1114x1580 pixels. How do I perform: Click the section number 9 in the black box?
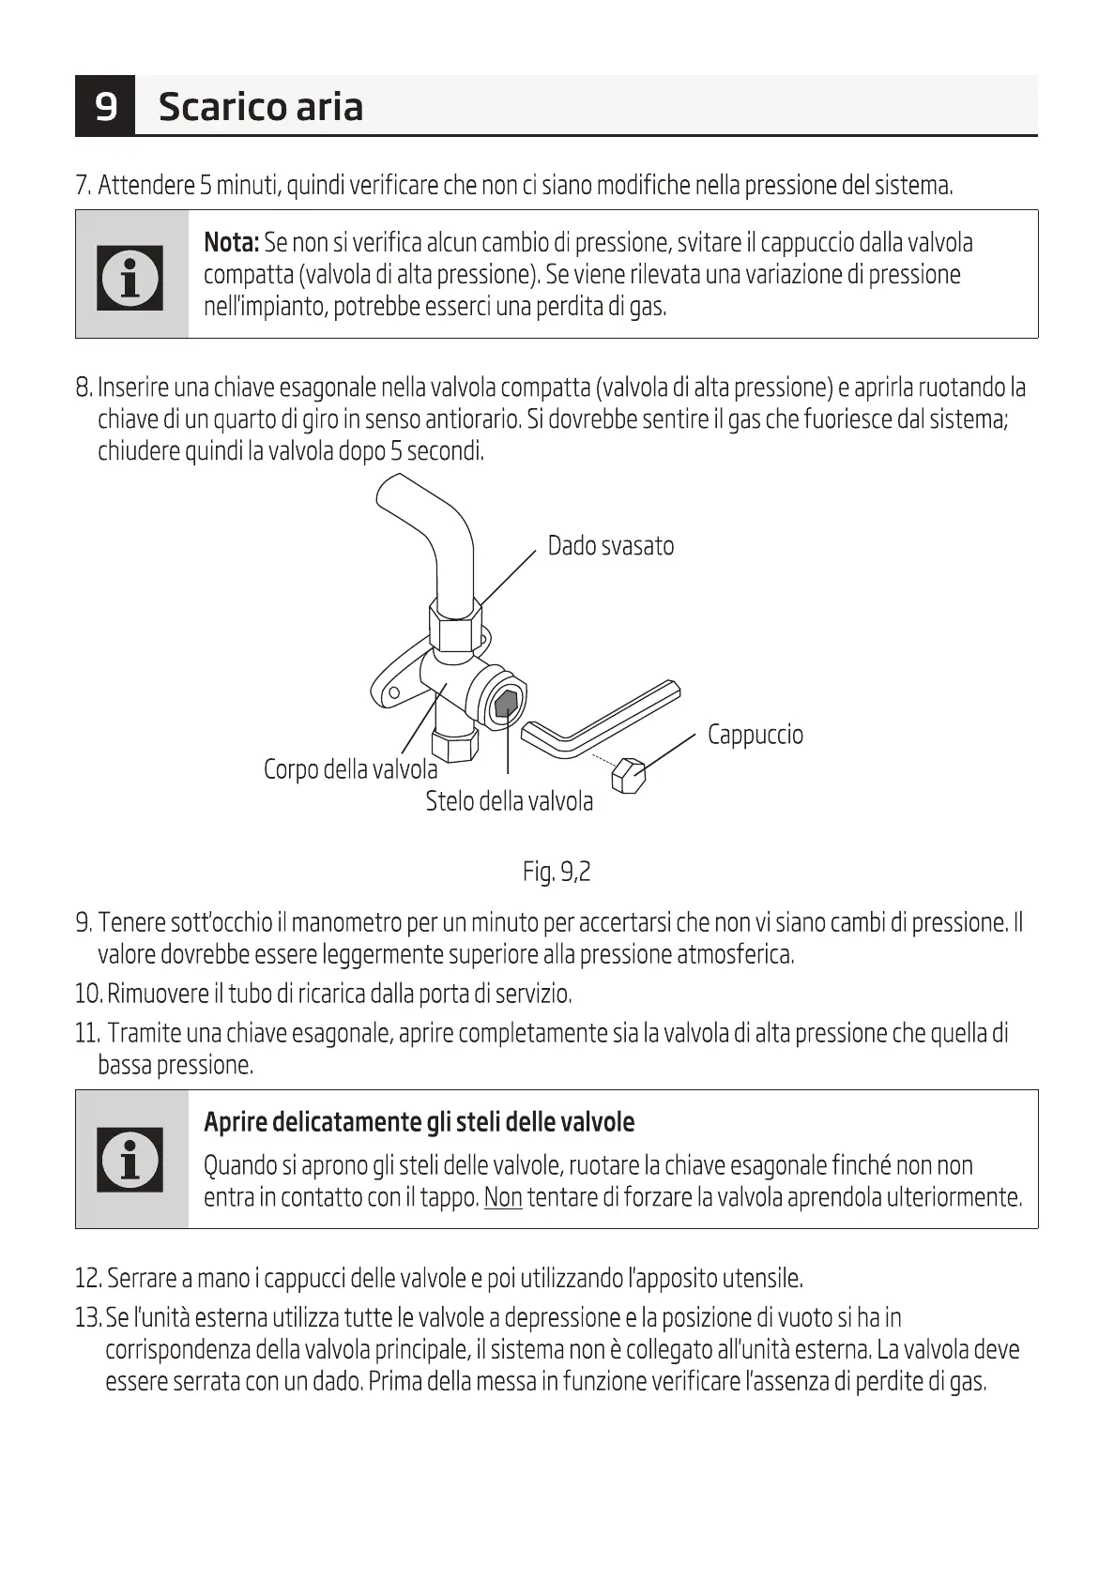pos(106,106)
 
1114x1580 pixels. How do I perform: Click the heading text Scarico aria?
pos(260,107)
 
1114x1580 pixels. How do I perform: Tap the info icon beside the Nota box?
pos(130,277)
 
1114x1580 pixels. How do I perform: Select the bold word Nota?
pos(231,243)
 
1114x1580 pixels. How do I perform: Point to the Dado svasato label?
pos(610,546)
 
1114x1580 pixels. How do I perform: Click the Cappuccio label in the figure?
pos(755,735)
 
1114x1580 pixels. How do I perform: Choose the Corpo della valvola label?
pos(350,770)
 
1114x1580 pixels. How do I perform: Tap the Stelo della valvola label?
pos(509,801)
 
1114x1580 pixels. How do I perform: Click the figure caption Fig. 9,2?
pos(557,873)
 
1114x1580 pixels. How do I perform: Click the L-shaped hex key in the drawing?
pos(601,721)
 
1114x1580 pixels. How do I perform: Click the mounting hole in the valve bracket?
pos(392,693)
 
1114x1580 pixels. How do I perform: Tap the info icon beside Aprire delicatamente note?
pos(130,1159)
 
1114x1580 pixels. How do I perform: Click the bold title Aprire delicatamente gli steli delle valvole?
pos(419,1122)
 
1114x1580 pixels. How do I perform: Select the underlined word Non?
pos(503,1198)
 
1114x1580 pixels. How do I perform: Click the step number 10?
pos(87,993)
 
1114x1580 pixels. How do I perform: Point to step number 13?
pos(87,1318)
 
